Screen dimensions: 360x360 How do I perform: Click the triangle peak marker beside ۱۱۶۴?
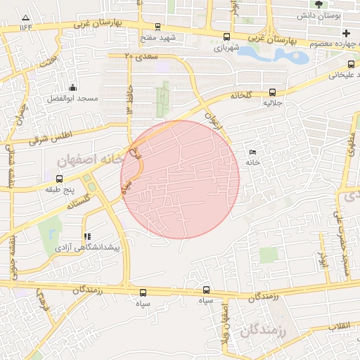point(26,17)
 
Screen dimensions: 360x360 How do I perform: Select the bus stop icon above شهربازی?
point(226,37)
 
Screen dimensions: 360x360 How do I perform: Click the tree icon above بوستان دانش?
point(319,4)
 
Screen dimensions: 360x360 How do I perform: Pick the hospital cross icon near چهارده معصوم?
point(345,33)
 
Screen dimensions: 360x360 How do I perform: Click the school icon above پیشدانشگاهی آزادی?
point(86,237)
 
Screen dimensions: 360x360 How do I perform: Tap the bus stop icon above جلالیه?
point(272,92)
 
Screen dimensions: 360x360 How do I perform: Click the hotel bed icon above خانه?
point(253,152)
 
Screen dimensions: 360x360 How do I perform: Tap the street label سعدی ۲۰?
point(138,56)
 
